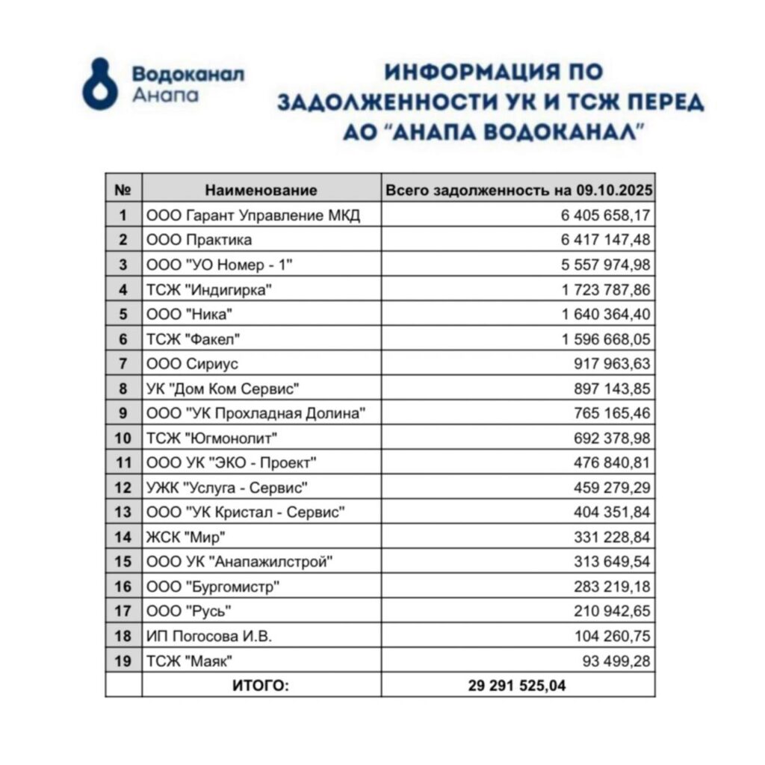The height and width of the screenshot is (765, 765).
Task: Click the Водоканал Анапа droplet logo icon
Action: pyautogui.click(x=99, y=84)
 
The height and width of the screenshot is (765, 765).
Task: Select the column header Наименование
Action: pyautogui.click(x=261, y=191)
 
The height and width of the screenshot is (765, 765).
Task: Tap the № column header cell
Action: pyautogui.click(x=123, y=191)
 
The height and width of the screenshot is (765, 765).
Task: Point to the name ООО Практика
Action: pyautogui.click(x=199, y=240)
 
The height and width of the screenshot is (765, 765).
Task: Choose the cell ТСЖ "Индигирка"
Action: pyautogui.click(x=208, y=290)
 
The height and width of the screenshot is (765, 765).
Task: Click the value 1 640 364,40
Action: pyautogui.click(x=606, y=315)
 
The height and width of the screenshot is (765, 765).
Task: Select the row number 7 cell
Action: pyautogui.click(x=123, y=364)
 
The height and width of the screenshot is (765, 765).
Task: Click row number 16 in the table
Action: pyautogui.click(x=123, y=586)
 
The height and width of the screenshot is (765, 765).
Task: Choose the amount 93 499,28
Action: pyautogui.click(x=616, y=660)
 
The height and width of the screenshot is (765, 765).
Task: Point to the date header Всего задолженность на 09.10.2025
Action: pyautogui.click(x=518, y=191)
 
